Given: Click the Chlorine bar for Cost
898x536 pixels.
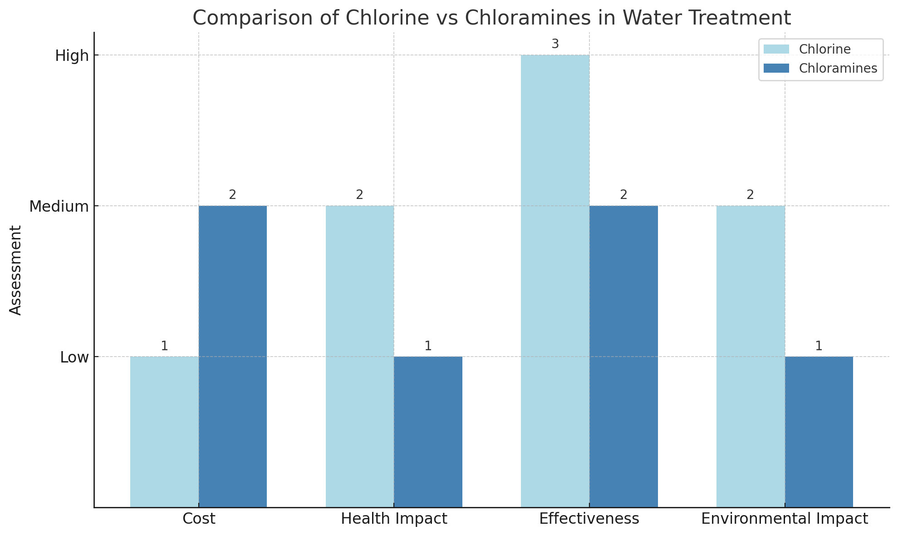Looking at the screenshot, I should [x=164, y=432].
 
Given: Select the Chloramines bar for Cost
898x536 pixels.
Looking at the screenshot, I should [x=233, y=356].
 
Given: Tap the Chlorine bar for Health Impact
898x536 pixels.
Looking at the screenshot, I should [x=360, y=356].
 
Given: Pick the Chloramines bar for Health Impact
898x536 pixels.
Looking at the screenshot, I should [x=428, y=432].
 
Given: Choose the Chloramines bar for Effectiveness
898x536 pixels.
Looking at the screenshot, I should [x=623, y=356].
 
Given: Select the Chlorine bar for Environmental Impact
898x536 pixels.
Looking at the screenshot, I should [x=751, y=356].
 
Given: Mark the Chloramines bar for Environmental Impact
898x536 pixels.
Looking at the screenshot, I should [x=819, y=432].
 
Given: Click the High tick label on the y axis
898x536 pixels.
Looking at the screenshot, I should [x=72, y=56].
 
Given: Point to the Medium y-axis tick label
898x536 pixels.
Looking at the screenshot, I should [x=59, y=207].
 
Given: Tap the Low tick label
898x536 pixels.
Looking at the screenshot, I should [x=74, y=357].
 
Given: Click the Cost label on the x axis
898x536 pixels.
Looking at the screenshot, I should [x=199, y=519].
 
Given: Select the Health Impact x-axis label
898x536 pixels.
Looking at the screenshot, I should [x=394, y=519].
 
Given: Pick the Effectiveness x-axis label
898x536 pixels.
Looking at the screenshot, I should [x=589, y=519].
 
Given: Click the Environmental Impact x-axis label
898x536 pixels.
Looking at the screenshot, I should [x=785, y=519].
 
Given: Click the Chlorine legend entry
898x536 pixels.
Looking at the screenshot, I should [x=824, y=49].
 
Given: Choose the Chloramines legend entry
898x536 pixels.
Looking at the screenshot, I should [x=838, y=68].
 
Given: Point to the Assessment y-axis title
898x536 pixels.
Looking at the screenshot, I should [x=16, y=270].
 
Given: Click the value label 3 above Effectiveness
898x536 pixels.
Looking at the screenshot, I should [x=555, y=44].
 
